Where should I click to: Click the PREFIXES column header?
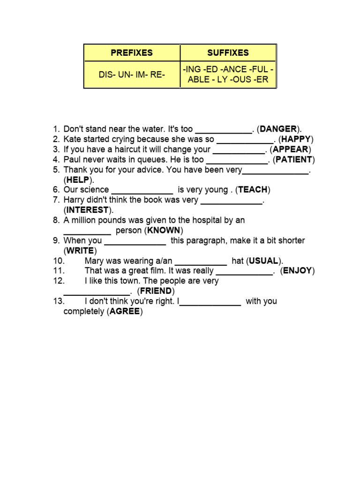tap(132, 52)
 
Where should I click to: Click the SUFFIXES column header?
tap(228, 52)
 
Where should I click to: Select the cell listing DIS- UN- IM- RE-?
tap(132, 75)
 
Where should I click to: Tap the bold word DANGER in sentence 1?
tap(278, 129)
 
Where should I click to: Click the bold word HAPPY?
tap(296, 139)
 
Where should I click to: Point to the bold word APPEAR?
tap(291, 150)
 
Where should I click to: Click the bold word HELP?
tap(78, 180)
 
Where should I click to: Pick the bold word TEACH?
tap(253, 190)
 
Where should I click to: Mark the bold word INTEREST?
tap(88, 210)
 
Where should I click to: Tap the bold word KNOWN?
tap(164, 231)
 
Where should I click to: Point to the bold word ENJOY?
tap(298, 271)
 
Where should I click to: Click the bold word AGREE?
tap(124, 311)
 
